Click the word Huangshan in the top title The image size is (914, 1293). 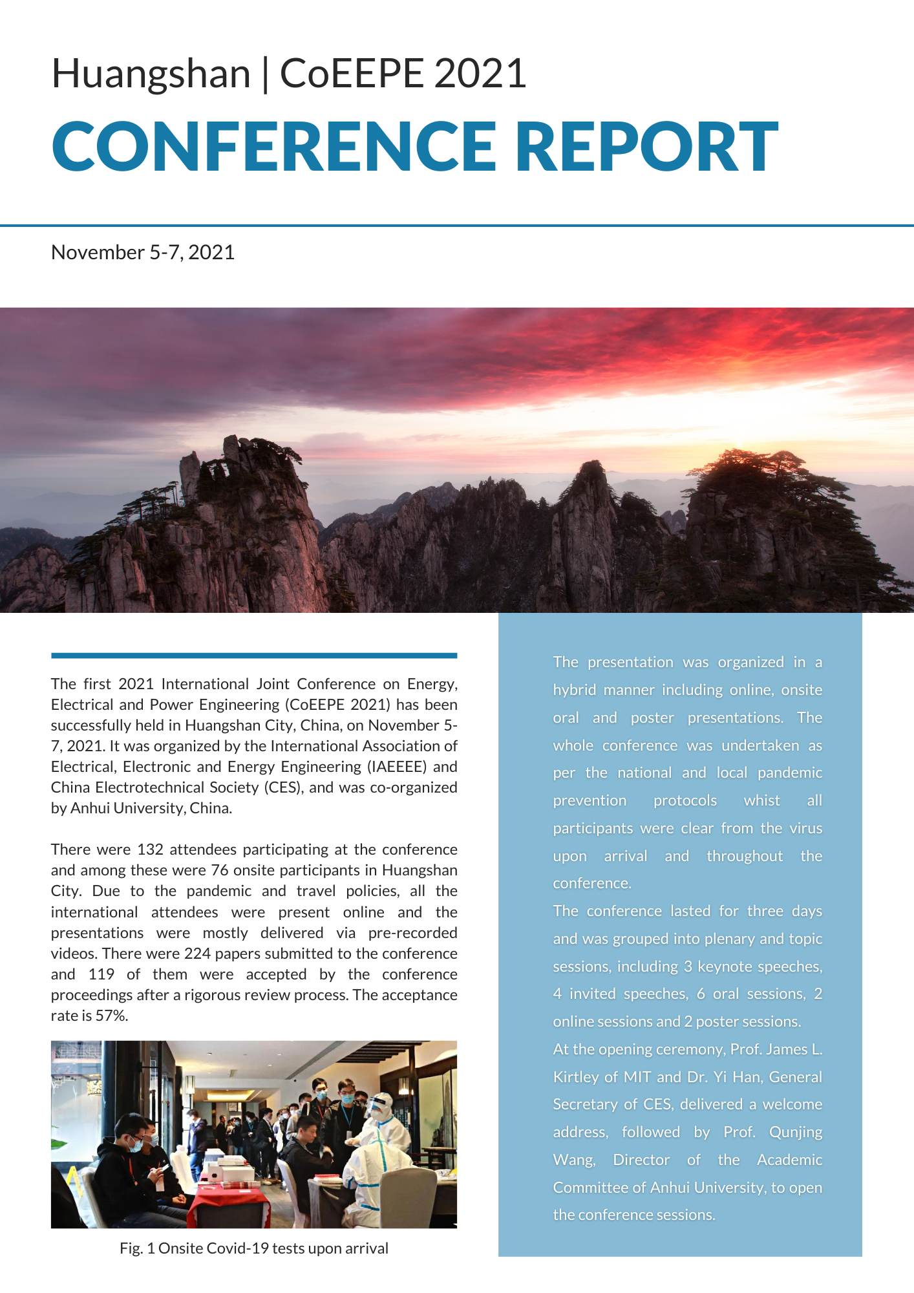tap(151, 74)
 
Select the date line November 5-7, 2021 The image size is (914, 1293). tap(143, 252)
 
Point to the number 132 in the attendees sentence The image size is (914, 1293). tap(150, 850)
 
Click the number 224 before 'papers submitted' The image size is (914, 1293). tap(197, 954)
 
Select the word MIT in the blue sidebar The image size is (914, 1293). tap(637, 1077)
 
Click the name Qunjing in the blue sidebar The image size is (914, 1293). tap(796, 1132)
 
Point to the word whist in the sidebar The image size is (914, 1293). tap(761, 800)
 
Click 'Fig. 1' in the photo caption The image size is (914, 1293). tap(137, 1248)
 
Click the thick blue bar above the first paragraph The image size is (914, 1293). tap(254, 656)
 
